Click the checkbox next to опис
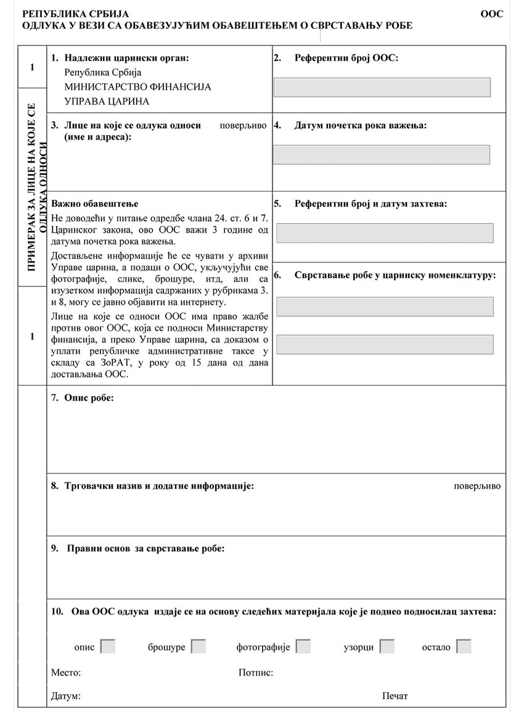108,647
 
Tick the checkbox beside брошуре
198,647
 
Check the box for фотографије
303,647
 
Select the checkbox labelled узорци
387,647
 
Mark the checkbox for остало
464,647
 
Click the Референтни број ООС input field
382,87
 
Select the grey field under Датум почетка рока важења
382,155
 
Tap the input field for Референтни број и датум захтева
385,233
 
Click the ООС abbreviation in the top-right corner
491,14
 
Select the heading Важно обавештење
95,204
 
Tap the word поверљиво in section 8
477,486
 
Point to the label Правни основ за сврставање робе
139,548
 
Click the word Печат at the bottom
395,697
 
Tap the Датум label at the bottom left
66,697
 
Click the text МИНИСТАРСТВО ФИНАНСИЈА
137,87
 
